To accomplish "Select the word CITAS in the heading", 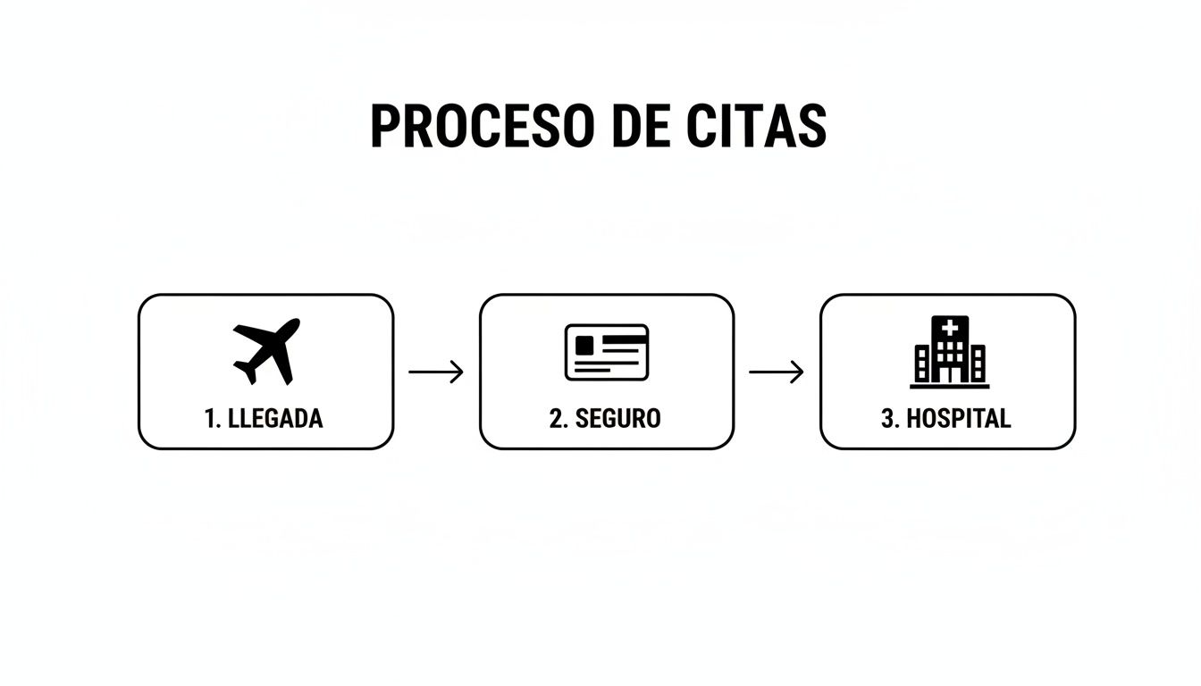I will tap(757, 126).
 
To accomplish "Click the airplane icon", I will tap(266, 351).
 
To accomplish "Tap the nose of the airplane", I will tap(294, 324).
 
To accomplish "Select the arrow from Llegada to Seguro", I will tap(436, 372).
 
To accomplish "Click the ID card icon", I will tap(607, 352).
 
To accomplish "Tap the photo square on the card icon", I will tap(584, 345).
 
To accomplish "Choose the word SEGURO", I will tap(618, 418).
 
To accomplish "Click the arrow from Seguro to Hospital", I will tap(777, 372).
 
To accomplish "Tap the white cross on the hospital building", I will tap(950, 328).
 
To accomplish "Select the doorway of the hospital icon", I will tap(950, 373).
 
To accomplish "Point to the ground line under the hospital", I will tap(950, 386).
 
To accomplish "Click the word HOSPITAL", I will tap(959, 418).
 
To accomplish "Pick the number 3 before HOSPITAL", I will tap(888, 418).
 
